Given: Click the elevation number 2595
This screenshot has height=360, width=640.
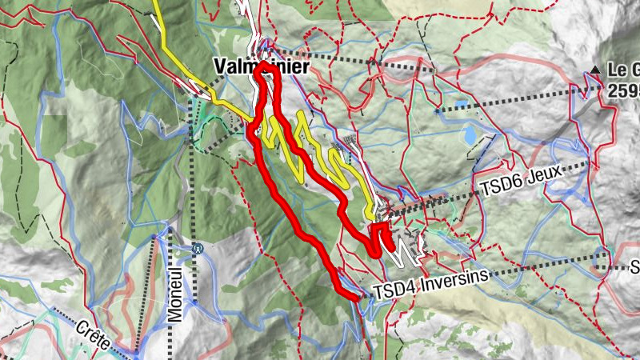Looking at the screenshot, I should tap(622, 90).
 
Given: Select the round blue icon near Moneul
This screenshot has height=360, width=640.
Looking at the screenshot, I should tap(198, 249).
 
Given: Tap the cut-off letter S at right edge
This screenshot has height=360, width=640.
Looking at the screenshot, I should tap(634, 267).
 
